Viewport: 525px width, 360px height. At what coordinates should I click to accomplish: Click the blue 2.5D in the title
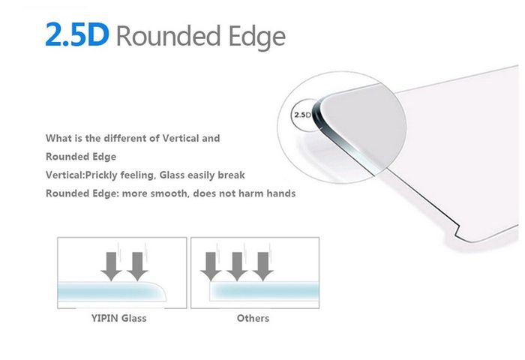click(77, 34)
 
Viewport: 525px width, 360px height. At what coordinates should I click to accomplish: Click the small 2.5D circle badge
click(302, 115)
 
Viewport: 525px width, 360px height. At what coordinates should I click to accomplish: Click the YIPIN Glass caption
click(118, 318)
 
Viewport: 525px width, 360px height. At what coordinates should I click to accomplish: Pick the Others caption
click(253, 318)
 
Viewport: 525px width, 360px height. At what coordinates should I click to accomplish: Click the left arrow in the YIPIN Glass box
click(111, 266)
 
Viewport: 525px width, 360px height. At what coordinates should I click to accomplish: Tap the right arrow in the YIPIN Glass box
click(137, 266)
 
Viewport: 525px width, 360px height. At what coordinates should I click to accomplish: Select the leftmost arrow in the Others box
click(211, 266)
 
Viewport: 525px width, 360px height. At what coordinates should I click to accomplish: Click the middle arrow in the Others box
click(237, 266)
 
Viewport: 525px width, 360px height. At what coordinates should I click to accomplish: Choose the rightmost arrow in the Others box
click(263, 266)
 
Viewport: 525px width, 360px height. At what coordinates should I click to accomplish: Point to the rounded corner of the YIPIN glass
click(161, 287)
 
